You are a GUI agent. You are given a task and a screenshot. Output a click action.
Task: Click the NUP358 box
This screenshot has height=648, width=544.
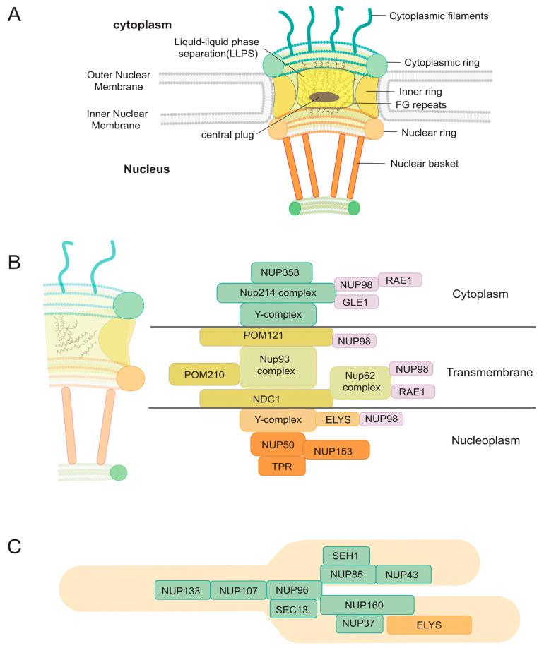281,272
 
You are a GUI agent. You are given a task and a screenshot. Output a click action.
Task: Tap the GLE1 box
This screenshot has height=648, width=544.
356,302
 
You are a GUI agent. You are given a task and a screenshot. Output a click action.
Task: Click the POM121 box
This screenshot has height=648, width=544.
266,337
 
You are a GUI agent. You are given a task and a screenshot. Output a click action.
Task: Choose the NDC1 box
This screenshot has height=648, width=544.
266,399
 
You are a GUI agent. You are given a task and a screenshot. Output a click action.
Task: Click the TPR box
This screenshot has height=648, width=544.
282,466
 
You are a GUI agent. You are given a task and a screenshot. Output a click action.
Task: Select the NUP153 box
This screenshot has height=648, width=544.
336,450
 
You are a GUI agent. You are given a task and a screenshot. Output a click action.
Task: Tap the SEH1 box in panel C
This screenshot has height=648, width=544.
346,556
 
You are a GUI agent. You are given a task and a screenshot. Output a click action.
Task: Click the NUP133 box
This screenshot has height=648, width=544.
182,590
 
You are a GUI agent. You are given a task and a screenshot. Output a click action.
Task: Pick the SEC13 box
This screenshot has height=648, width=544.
292,609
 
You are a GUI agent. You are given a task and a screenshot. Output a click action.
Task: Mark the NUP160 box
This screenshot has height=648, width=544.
367,605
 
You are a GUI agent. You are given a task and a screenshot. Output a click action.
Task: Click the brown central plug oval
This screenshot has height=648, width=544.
329,99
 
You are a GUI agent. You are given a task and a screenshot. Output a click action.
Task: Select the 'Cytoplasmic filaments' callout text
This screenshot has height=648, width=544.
439,15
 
